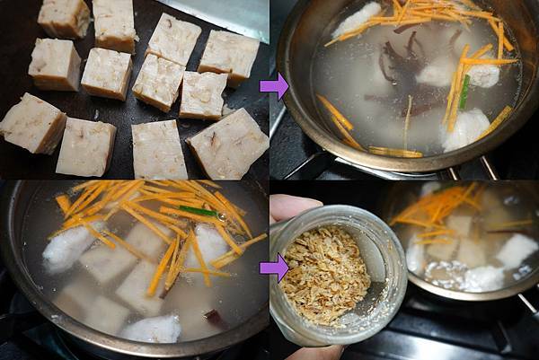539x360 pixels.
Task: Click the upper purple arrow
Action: (273, 86)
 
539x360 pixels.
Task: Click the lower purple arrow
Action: (273, 267)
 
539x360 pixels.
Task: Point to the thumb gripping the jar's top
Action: (290, 207)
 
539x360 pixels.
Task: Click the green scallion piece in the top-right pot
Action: (464, 92)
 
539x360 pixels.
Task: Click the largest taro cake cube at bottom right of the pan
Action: (227, 144)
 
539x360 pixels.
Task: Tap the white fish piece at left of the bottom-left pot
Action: (67, 248)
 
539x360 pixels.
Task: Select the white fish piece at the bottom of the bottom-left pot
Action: (152, 329)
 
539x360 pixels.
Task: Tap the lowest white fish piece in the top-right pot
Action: (465, 128)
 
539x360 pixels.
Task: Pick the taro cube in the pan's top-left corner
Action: (64, 15)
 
